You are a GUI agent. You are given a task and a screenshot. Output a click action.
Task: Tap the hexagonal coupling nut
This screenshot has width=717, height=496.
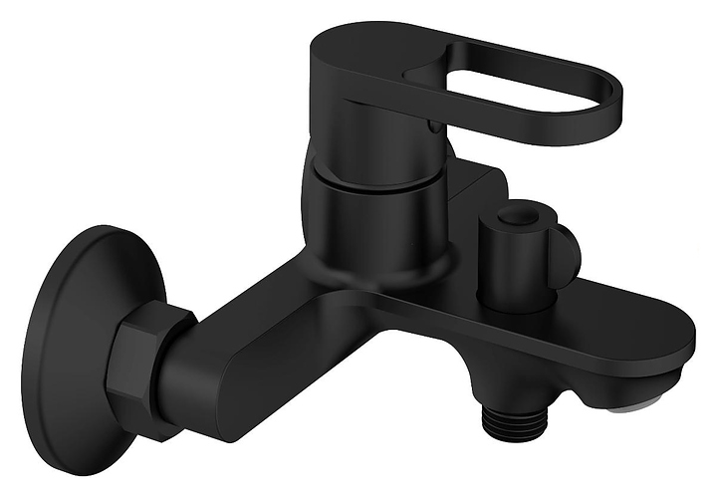pos(149,359)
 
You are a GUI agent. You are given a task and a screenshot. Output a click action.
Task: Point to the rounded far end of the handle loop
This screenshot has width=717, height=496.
pos(609,105)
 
